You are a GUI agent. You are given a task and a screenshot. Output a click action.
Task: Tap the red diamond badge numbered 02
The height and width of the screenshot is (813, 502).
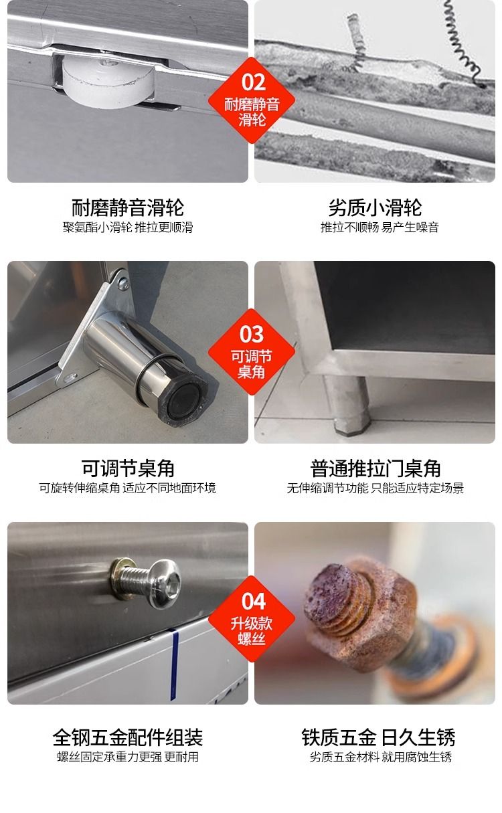tap(252, 100)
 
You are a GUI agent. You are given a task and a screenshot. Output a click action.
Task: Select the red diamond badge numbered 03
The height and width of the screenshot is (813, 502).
tap(252, 352)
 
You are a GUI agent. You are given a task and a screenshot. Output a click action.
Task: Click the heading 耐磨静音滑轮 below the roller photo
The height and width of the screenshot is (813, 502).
tap(127, 207)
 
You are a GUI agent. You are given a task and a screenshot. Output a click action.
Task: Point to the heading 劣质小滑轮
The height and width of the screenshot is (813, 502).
tap(375, 207)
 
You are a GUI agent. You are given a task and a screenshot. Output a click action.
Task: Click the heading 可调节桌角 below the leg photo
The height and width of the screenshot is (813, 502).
tap(127, 468)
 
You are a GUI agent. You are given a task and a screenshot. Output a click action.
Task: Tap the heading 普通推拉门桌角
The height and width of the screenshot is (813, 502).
tap(375, 468)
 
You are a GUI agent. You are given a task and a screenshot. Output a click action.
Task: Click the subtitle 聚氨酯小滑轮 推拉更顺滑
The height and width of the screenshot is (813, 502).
tap(127, 228)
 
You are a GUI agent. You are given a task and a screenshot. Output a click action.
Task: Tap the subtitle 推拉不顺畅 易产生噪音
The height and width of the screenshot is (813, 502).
tap(380, 228)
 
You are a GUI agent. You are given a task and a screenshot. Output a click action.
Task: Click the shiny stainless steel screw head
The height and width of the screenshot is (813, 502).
tap(165, 584)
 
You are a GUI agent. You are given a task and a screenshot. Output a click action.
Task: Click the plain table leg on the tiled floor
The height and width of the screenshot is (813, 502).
tap(349, 404)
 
